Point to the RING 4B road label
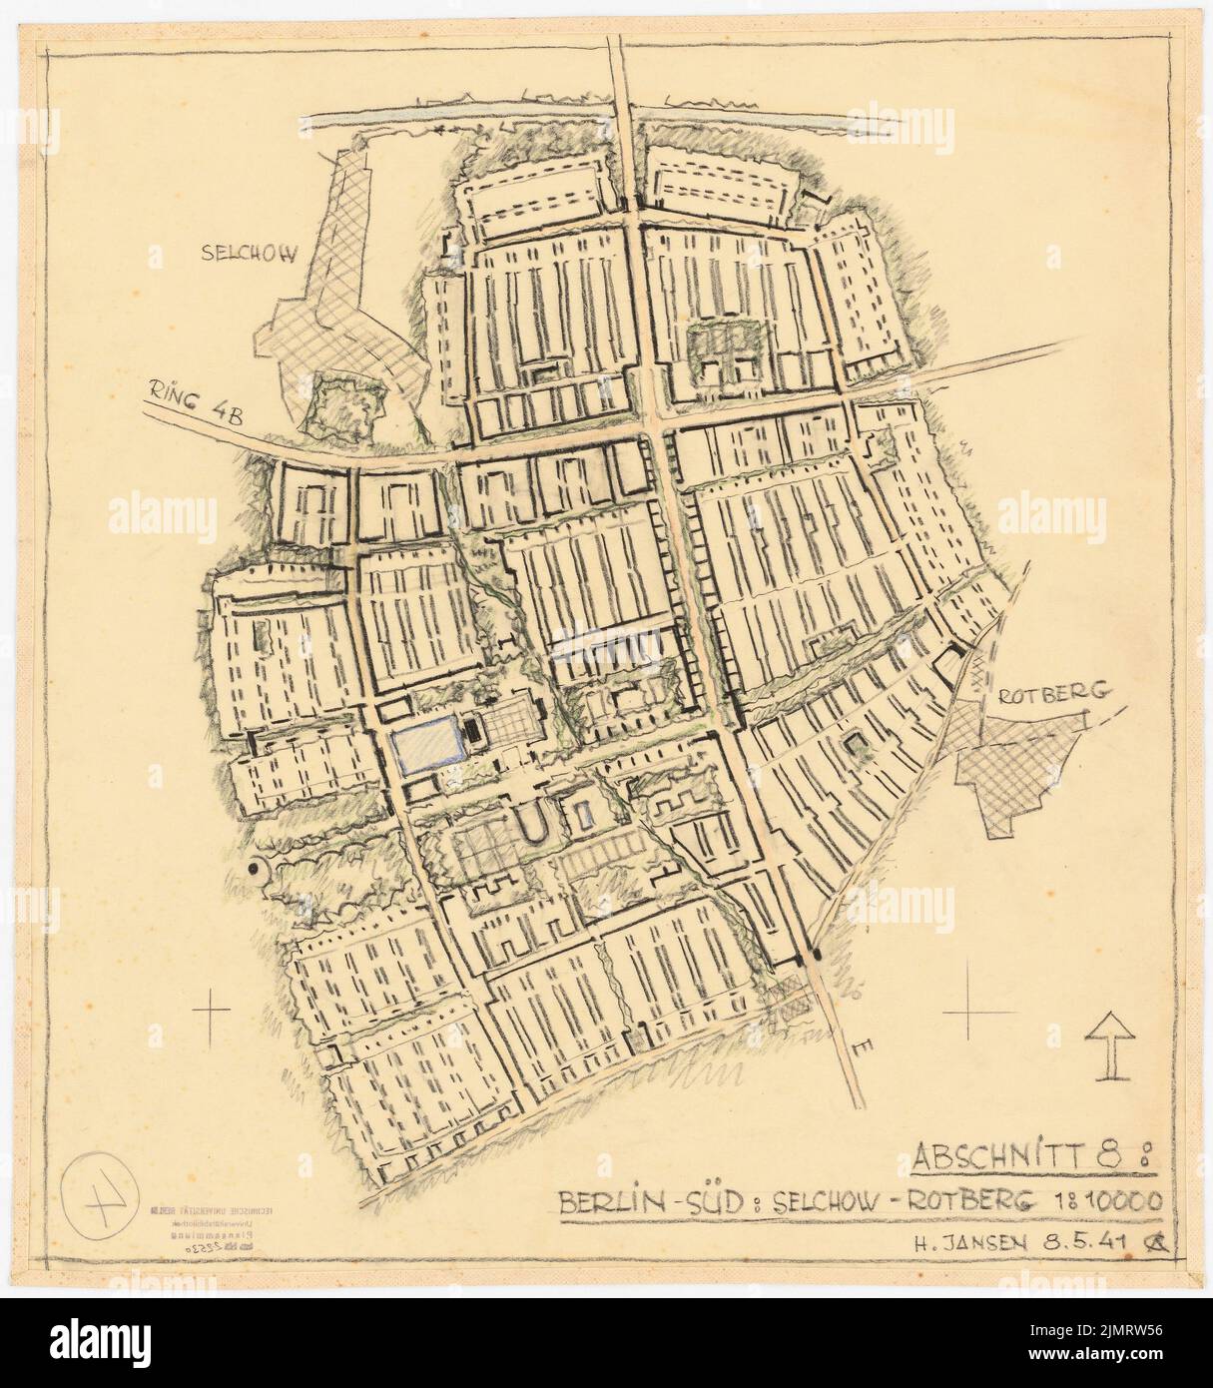(188, 399)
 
